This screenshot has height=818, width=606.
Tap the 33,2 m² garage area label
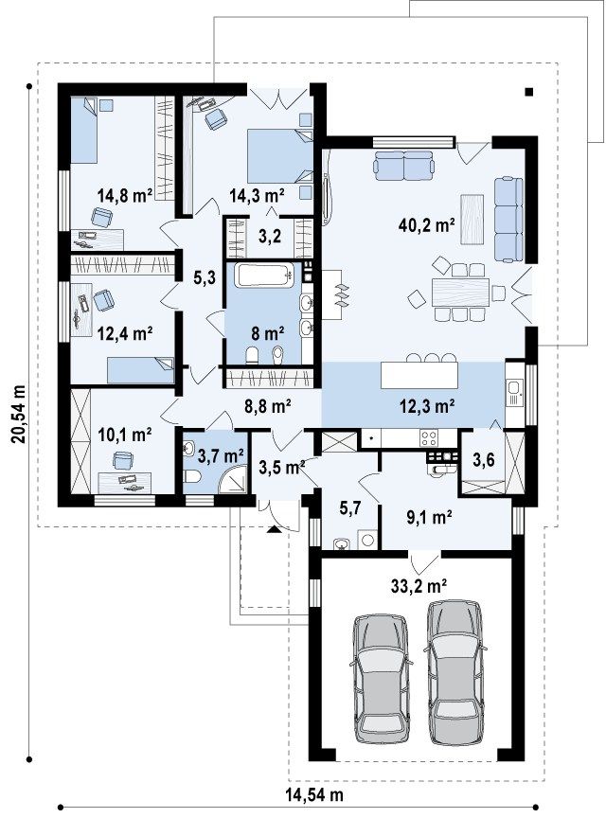pyautogui.click(x=419, y=586)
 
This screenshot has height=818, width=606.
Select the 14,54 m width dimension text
pyautogui.click(x=314, y=794)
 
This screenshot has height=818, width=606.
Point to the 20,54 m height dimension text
pyautogui.click(x=18, y=414)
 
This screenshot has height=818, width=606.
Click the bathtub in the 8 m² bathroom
pyautogui.click(x=264, y=275)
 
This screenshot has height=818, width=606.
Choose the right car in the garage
pyautogui.click(x=454, y=673)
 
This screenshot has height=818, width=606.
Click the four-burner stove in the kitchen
pyautogui.click(x=429, y=437)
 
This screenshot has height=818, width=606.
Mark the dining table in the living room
pyautogui.click(x=460, y=293)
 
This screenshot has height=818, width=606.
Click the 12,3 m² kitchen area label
pyautogui.click(x=427, y=406)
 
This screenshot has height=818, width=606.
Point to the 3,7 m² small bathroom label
pyautogui.click(x=221, y=456)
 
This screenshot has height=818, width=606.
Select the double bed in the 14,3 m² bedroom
pyautogui.click(x=279, y=155)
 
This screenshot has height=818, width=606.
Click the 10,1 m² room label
pyautogui.click(x=125, y=434)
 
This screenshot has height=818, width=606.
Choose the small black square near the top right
pyautogui.click(x=529, y=93)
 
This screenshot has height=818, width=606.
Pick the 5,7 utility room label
pyautogui.click(x=349, y=508)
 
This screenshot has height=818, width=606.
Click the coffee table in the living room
pyautogui.click(x=472, y=219)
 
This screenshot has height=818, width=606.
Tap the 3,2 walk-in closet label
pyautogui.click(x=270, y=236)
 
